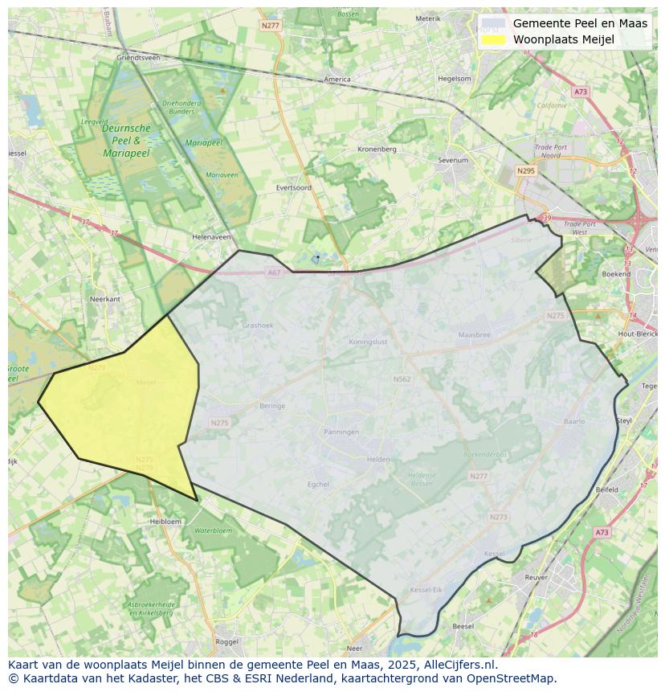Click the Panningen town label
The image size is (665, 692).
pyautogui.click(x=341, y=432)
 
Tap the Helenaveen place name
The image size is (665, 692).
pyautogui.click(x=211, y=237)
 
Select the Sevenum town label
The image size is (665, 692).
pyautogui.click(x=453, y=160)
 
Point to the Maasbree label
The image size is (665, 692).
pyautogui.click(x=474, y=334)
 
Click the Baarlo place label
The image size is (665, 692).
pyautogui.click(x=574, y=421)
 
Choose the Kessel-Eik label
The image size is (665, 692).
pyautogui.click(x=426, y=590)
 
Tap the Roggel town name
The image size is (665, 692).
pyautogui.click(x=227, y=641)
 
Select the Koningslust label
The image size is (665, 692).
pyautogui.click(x=368, y=342)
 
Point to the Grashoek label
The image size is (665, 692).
pyautogui.click(x=258, y=326)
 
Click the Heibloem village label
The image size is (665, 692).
pyautogui.click(x=165, y=522)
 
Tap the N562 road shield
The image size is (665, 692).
pyautogui.click(x=402, y=379)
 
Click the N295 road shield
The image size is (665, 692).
pyautogui.click(x=526, y=170)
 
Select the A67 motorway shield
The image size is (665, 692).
pyautogui.click(x=274, y=272)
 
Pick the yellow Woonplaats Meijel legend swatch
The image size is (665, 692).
pyautogui.click(x=494, y=39)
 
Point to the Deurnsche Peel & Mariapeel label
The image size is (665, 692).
pyautogui.click(x=126, y=140)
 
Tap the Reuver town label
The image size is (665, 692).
pyautogui.click(x=536, y=577)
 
